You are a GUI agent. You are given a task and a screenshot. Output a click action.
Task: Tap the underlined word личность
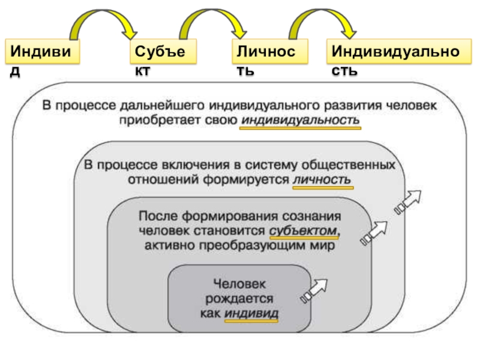click(x=323, y=180)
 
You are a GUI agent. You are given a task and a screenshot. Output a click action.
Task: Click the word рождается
click(x=239, y=298)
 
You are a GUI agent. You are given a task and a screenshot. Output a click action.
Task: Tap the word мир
click(x=323, y=245)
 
